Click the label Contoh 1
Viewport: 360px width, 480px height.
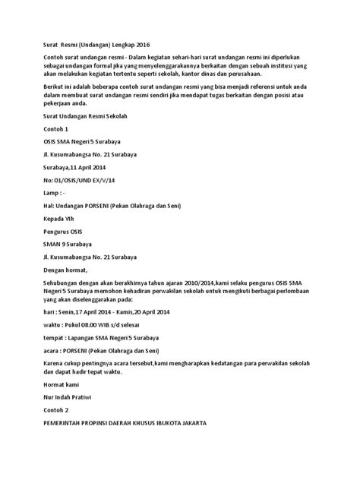(x=54, y=129)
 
